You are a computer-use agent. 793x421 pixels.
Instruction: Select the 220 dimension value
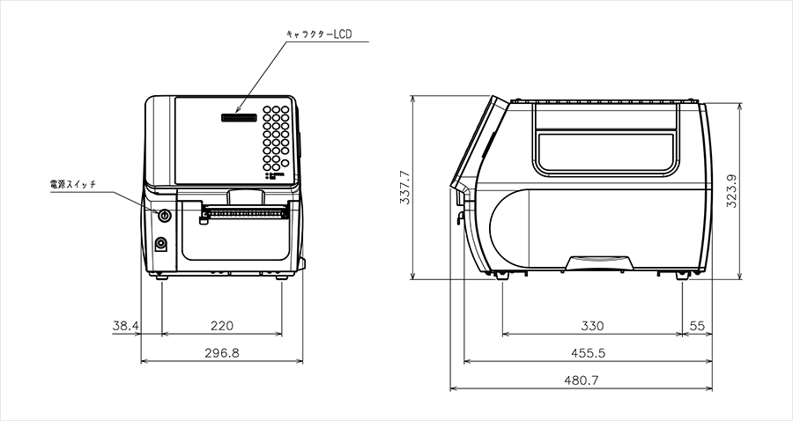[221, 326]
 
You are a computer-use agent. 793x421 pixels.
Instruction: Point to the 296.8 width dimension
[221, 352]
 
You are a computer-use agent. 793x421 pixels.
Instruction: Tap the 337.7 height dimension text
[404, 187]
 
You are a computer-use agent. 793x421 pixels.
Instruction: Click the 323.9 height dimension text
[731, 191]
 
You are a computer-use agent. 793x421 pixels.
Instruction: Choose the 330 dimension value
[592, 326]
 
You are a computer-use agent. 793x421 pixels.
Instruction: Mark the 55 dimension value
[697, 326]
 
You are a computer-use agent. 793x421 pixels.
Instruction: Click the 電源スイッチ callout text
[73, 185]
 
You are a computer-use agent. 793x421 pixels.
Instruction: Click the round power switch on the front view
[164, 215]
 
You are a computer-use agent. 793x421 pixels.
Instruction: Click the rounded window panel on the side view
[606, 151]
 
